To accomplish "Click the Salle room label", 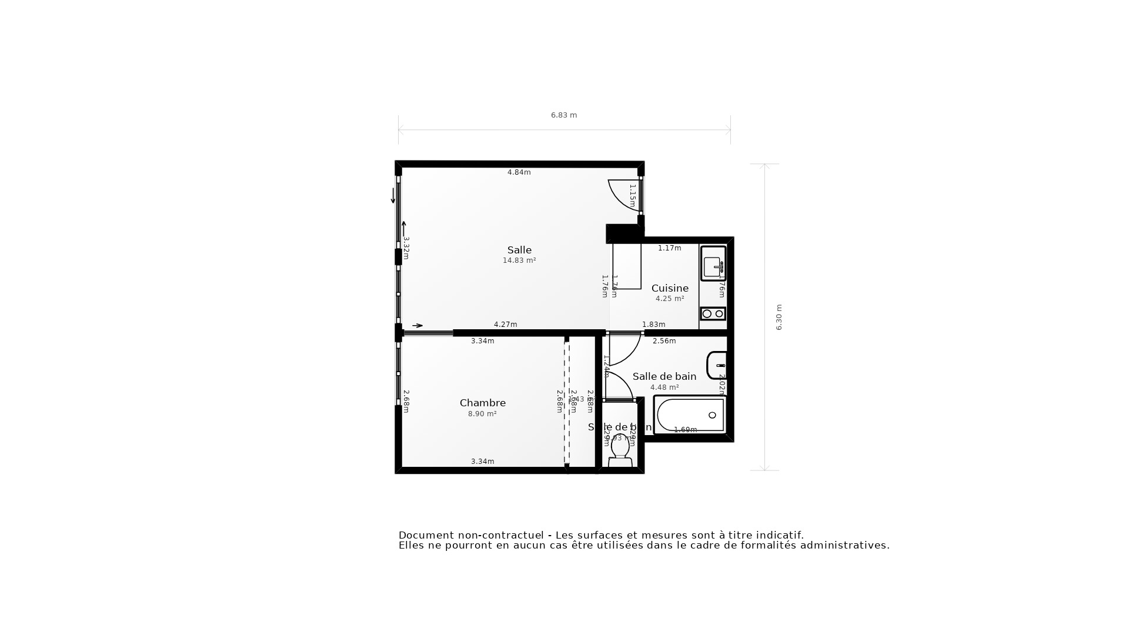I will click(x=519, y=250).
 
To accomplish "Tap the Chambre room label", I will click(x=482, y=403).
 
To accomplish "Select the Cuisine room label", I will click(x=670, y=288).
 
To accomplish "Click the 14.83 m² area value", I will click(x=519, y=260).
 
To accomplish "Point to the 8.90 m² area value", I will click(x=482, y=414).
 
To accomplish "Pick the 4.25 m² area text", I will click(x=670, y=299).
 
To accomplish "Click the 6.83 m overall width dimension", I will click(x=563, y=115).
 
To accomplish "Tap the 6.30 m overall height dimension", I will click(x=779, y=317).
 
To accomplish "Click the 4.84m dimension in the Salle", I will click(x=519, y=172).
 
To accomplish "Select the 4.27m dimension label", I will click(x=505, y=325).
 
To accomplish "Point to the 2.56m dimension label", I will click(x=664, y=341).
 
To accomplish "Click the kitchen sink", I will click(x=713, y=264).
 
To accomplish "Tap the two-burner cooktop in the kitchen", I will click(x=713, y=314).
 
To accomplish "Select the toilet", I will click(x=620, y=452).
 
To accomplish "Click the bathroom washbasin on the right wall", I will click(x=717, y=366).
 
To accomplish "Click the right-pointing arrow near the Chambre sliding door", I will click(x=417, y=326).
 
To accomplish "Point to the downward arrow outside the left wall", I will click(x=393, y=196).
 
